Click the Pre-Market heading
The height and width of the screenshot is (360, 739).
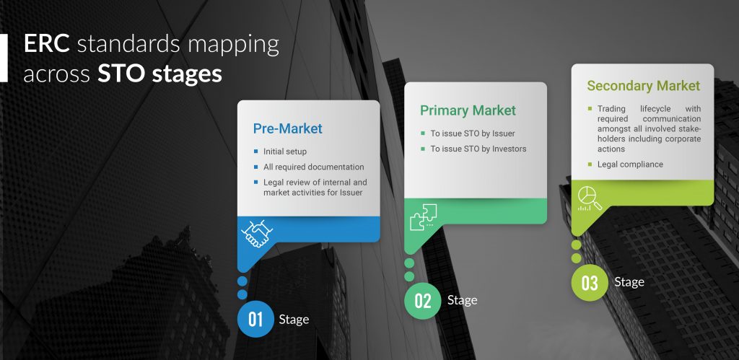coord(287,128)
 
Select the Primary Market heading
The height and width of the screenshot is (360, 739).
coord(468,110)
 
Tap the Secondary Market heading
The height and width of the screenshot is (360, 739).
coord(643,86)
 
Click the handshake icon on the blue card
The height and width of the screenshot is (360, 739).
coord(257,233)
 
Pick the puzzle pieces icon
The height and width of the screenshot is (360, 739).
coord(423,217)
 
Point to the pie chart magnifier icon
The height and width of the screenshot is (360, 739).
coord(590,198)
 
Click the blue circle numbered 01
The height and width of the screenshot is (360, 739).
coord(255,320)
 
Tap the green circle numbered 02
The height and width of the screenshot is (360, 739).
coord(423,301)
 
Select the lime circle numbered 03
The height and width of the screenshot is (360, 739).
coord(590,284)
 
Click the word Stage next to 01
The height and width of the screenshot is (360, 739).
coord(294,320)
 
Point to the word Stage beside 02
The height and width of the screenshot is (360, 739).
coord(462,300)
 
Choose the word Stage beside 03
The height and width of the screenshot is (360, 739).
coord(629,282)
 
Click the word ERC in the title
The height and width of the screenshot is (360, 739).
coord(47,44)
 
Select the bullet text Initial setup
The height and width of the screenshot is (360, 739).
coord(285,152)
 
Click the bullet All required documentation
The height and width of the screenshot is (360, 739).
coord(314,167)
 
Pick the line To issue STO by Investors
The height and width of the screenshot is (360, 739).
coord(478,149)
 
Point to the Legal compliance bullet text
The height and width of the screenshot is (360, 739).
coord(630,164)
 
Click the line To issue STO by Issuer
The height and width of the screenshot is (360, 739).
coord(473,133)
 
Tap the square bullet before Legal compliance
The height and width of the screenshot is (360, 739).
coord(590,164)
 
